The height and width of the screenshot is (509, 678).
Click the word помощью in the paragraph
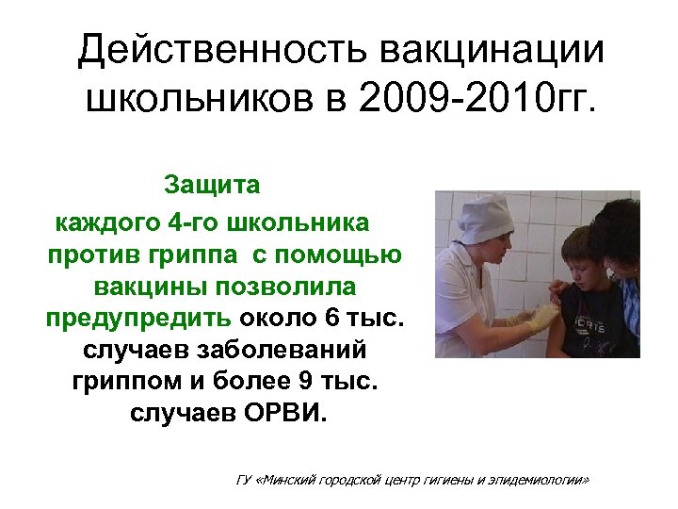pyautogui.click(x=347, y=254)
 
